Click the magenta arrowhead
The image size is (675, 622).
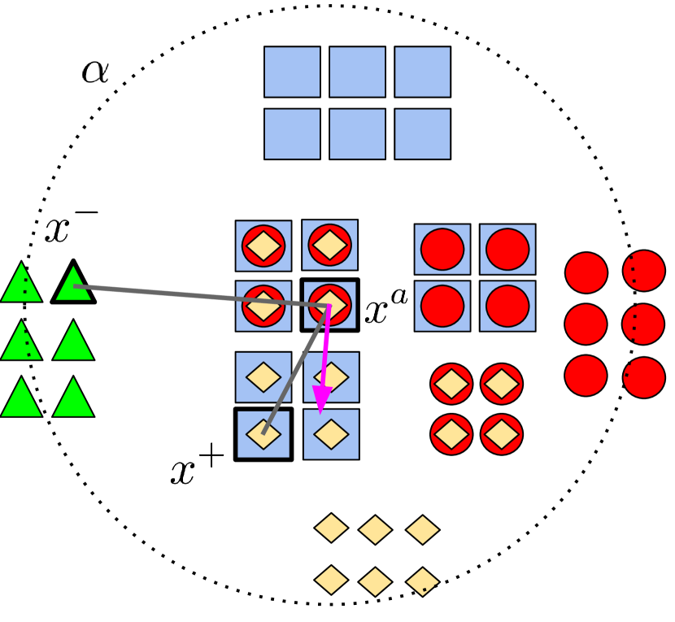[x=322, y=399]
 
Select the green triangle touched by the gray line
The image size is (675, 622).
[x=73, y=285]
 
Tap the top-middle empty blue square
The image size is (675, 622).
[x=357, y=72]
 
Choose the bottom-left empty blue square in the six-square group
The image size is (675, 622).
[x=292, y=133]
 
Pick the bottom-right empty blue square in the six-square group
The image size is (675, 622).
[x=422, y=133]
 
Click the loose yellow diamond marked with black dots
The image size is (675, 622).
[x=423, y=581]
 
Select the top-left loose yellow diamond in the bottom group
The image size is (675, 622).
[x=331, y=528]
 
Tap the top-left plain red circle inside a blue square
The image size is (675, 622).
[x=442, y=249]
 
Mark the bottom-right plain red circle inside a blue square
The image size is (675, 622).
[x=507, y=306]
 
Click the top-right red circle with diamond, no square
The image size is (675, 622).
[x=502, y=384]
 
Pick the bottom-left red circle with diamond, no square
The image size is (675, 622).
[x=451, y=434]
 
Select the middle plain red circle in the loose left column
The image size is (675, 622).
[x=586, y=324]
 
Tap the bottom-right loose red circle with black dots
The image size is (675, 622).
[x=644, y=377]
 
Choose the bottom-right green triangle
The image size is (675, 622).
[x=73, y=399]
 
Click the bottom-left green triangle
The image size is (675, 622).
[x=21, y=399]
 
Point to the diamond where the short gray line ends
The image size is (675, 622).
[x=263, y=433]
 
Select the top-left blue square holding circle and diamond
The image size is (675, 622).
[x=263, y=246]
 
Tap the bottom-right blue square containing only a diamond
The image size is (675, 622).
[x=331, y=434]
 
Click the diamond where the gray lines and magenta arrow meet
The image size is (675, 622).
[x=330, y=304]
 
